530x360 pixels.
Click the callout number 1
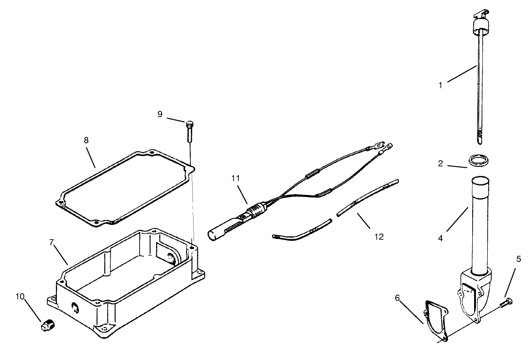[440, 86]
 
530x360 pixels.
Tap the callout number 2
[440, 164]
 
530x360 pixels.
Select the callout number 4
[440, 238]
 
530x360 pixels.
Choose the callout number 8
[86, 140]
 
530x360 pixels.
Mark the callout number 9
[160, 114]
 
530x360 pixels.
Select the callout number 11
[235, 178]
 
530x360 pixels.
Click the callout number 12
[379, 237]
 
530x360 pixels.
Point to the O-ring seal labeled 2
[478, 160]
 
